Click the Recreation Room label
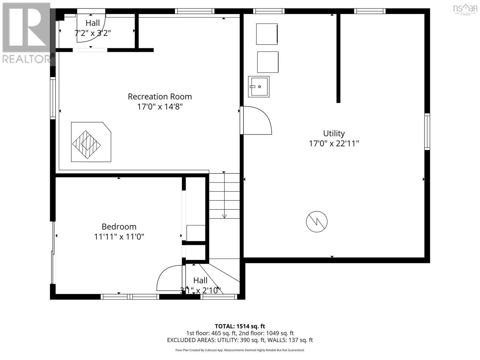[160, 97]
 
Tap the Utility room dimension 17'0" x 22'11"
[334, 143]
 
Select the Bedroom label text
[119, 226]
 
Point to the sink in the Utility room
[259, 87]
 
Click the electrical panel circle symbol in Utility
[316, 222]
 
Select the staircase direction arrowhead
[224, 216]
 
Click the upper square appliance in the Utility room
[267, 34]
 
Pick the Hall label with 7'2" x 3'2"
[92, 28]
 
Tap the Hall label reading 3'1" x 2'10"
[200, 285]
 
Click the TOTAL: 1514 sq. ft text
[240, 326]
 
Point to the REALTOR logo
[27, 33]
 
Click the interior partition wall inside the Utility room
[338, 58]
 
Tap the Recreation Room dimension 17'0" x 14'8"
[160, 106]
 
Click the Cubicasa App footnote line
[240, 350]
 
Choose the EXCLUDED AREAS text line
[240, 340]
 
